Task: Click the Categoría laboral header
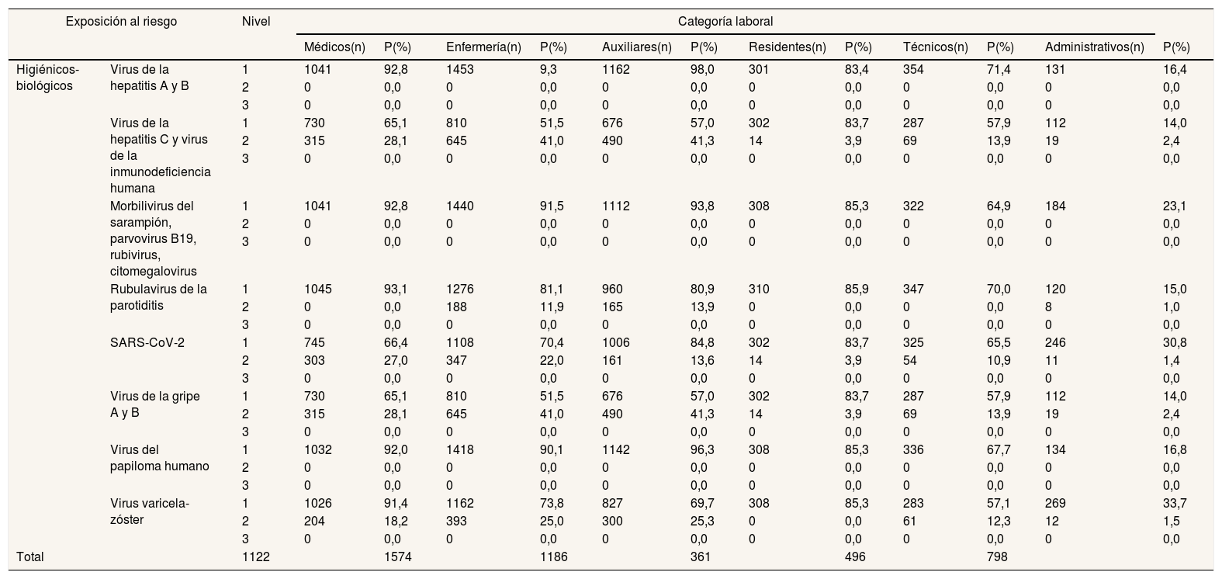[x=725, y=21]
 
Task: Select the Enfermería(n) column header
[x=483, y=47]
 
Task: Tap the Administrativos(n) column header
[x=1094, y=47]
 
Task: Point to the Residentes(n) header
[x=788, y=47]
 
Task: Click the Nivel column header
[x=256, y=21]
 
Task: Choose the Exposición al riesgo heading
[x=121, y=21]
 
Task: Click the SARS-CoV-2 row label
[x=147, y=343]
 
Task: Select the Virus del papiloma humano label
[x=159, y=458]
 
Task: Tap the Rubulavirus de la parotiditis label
[x=158, y=296]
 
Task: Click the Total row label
[x=30, y=556]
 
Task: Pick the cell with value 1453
[x=460, y=70]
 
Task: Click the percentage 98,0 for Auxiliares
[x=702, y=70]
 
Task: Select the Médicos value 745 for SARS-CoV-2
[x=314, y=343]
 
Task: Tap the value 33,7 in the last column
[x=1175, y=503]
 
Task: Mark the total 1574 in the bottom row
[x=397, y=556]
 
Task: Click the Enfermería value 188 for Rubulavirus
[x=456, y=307]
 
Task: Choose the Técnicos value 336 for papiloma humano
[x=913, y=449]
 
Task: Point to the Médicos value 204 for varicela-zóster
[x=314, y=521]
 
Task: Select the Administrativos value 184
[x=1055, y=206]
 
